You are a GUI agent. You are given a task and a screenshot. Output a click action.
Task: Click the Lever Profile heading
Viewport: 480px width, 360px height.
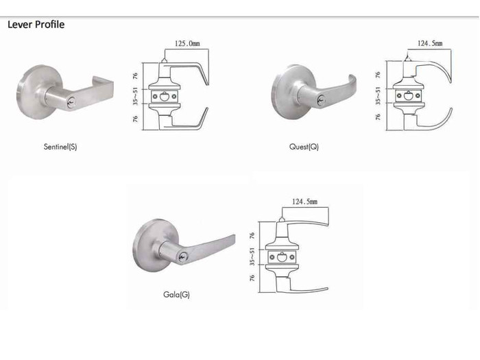pyautogui.click(x=36, y=25)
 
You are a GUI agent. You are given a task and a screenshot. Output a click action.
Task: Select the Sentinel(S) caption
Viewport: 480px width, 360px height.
pyautogui.click(x=60, y=147)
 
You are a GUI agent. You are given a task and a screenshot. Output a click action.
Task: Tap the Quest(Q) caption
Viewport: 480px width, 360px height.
pyautogui.click(x=304, y=147)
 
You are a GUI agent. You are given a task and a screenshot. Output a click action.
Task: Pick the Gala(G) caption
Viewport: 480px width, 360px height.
pyautogui.click(x=176, y=294)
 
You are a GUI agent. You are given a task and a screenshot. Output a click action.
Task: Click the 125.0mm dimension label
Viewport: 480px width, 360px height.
pyautogui.click(x=188, y=43)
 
